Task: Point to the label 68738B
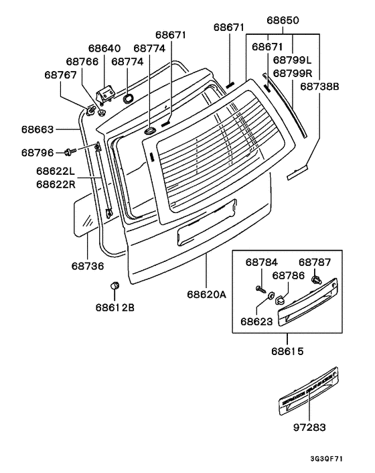pyautogui.click(x=321, y=86)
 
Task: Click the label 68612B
pyautogui.click(x=115, y=308)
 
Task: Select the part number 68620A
pyautogui.click(x=208, y=294)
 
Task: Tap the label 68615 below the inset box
pyautogui.click(x=287, y=350)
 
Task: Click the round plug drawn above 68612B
pyautogui.click(x=114, y=286)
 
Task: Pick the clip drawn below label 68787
pyautogui.click(x=317, y=279)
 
